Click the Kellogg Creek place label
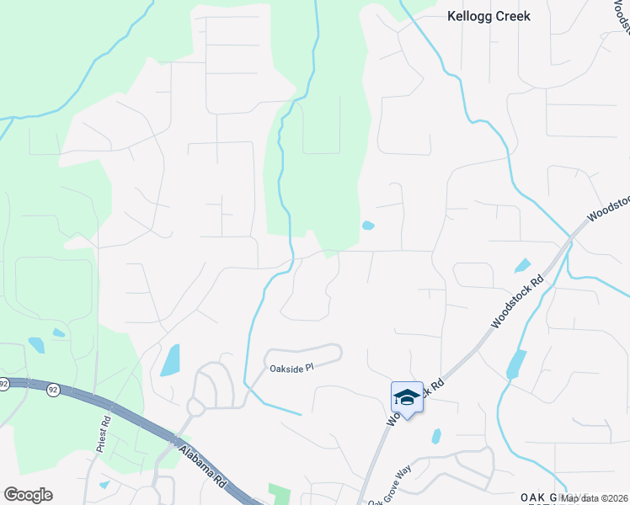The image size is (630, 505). coord(489,16)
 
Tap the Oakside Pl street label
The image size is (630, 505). coord(291,369)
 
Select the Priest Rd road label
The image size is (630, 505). coord(104,434)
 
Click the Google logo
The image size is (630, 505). coord(28,495)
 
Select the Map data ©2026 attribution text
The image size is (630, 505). coord(594,498)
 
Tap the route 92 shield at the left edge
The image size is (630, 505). coord(3,384)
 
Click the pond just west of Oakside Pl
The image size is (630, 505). coord(169,360)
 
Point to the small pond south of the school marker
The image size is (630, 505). coord(435,436)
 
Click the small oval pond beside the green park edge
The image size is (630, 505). coord(367,226)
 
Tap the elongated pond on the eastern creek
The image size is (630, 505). coord(515,364)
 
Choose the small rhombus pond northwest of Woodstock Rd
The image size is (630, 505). coord(522,265)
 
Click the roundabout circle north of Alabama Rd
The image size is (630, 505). coord(195,408)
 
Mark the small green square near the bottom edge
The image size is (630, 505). coord(277,493)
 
